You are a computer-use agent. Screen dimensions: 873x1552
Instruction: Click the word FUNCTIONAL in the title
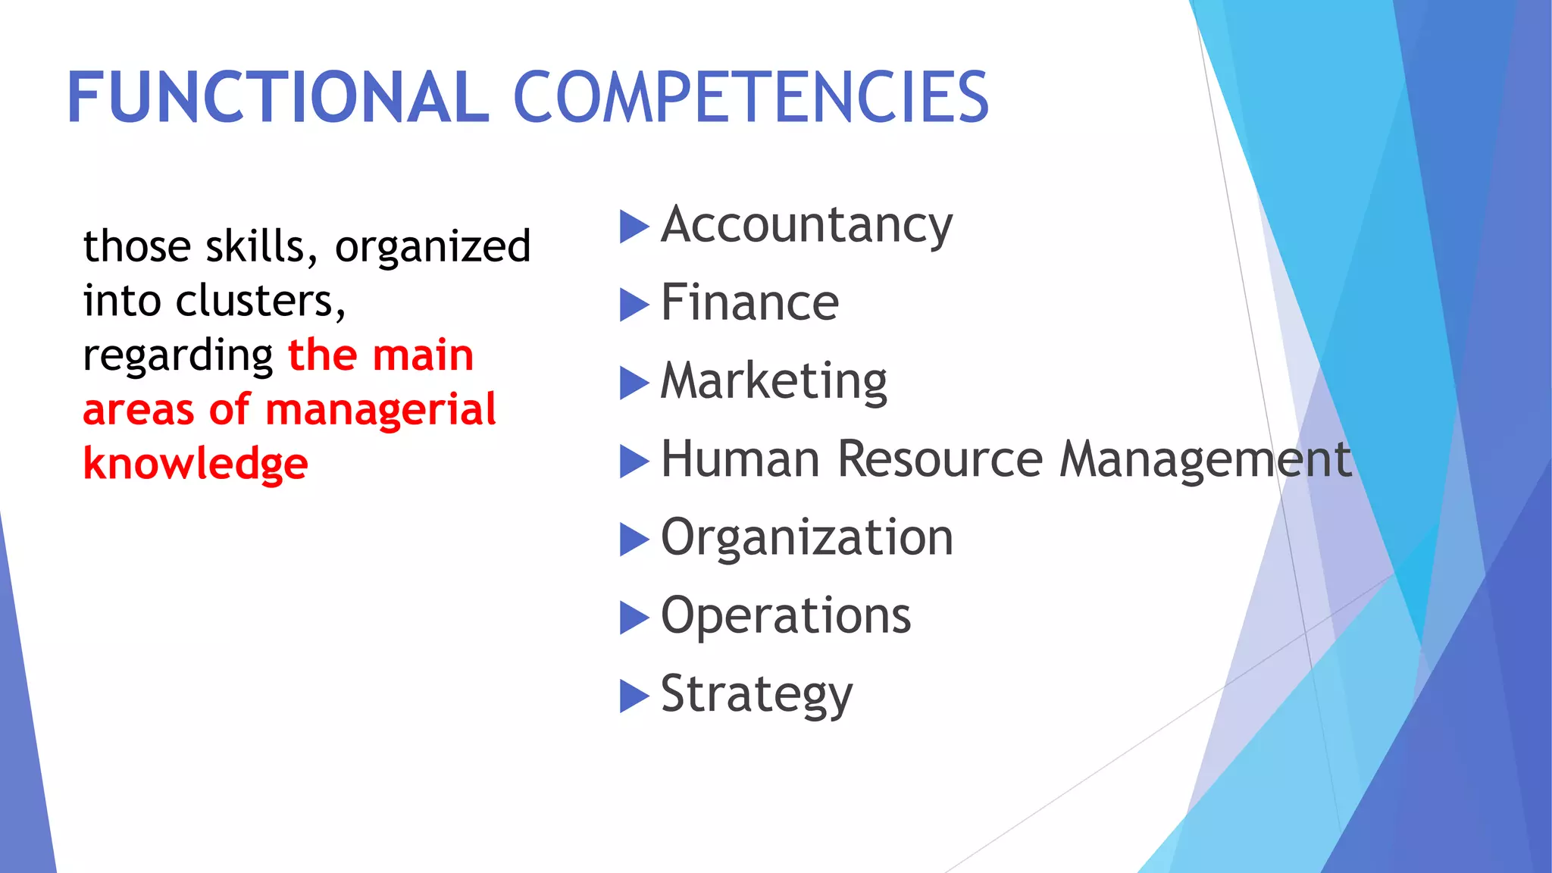pyautogui.click(x=278, y=97)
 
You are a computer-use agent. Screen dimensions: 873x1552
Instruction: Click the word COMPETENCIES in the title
pyautogui.click(x=751, y=97)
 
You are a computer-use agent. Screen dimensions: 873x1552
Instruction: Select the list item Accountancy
pyautogui.click(x=806, y=226)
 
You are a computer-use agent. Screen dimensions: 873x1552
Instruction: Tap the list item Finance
pyautogui.click(x=749, y=303)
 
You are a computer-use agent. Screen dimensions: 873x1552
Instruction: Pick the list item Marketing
pyautogui.click(x=774, y=381)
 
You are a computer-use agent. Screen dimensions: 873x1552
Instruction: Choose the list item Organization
pyautogui.click(x=806, y=537)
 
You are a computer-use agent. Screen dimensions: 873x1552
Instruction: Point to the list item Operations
pyautogui.click(x=786, y=615)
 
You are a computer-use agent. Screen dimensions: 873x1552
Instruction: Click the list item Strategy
pyautogui.click(x=756, y=694)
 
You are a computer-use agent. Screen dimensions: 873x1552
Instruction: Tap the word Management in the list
pyautogui.click(x=1205, y=459)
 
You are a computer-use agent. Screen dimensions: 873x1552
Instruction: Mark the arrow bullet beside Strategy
pyautogui.click(x=634, y=696)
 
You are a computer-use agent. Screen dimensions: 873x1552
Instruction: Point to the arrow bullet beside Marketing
pyautogui.click(x=634, y=383)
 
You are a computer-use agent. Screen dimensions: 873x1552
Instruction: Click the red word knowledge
pyautogui.click(x=196, y=464)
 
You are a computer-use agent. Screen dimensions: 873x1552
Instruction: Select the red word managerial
pyautogui.click(x=380, y=409)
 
